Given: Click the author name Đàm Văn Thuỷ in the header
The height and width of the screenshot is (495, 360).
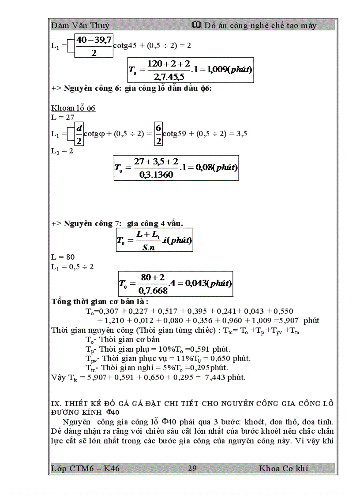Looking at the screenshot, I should click(x=80, y=26).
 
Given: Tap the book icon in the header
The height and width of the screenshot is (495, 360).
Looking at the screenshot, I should click(x=197, y=26).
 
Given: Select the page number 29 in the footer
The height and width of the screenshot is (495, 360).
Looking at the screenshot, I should click(x=192, y=468).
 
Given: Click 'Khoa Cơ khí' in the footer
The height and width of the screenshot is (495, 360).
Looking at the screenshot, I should click(x=284, y=468).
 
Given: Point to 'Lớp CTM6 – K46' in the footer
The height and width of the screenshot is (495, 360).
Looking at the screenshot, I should click(x=86, y=468).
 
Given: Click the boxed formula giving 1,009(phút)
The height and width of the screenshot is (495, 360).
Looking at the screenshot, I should click(x=191, y=70).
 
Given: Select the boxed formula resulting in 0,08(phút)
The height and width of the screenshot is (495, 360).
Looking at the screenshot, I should click(x=176, y=167).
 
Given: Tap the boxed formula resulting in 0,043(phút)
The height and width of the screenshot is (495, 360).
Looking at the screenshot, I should click(x=176, y=283).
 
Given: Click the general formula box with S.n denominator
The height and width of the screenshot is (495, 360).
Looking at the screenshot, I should click(x=154, y=240).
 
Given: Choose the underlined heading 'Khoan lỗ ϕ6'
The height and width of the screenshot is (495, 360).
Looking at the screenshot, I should click(x=74, y=108).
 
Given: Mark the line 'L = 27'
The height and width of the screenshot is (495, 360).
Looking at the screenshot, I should click(x=63, y=117).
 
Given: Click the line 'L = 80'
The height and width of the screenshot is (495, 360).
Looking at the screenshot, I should click(x=63, y=257).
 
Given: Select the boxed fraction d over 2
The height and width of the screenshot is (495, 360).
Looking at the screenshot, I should click(x=79, y=134).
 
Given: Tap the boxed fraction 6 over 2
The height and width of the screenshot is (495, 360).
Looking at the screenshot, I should click(x=158, y=134).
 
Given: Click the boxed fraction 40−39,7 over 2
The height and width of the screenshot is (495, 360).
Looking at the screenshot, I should click(x=93, y=46).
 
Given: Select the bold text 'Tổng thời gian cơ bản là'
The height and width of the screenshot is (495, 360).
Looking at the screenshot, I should click(x=100, y=302).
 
